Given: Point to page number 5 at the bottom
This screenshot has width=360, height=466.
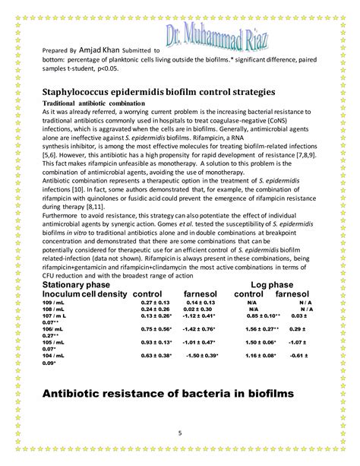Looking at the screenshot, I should click(180, 433).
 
